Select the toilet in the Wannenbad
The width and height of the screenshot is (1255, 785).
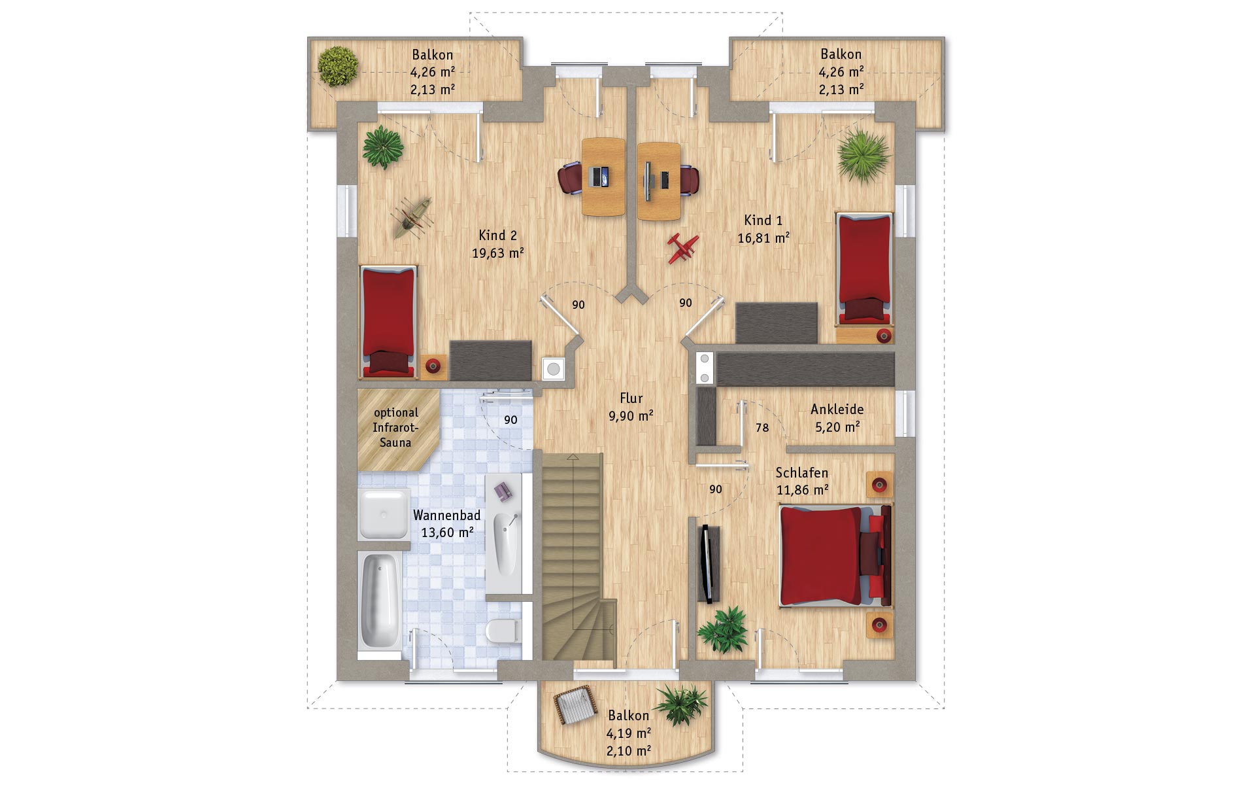pyautogui.click(x=502, y=631)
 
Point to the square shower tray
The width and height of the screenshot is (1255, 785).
pyautogui.click(x=384, y=514)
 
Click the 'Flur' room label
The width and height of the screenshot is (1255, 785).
pyautogui.click(x=631, y=398)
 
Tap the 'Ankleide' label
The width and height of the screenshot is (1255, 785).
pyautogui.click(x=837, y=410)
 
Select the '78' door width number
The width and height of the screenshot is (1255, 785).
pyautogui.click(x=762, y=428)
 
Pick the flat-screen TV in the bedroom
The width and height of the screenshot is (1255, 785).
pyautogui.click(x=707, y=564)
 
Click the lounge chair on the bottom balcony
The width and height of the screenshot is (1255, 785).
pyautogui.click(x=575, y=705)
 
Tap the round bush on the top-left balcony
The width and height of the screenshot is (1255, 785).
pyautogui.click(x=338, y=65)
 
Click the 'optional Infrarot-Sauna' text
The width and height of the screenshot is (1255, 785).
pyautogui.click(x=396, y=428)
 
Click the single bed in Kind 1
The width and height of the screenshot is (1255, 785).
pyautogui.click(x=864, y=268)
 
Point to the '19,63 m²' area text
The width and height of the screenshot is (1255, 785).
pyautogui.click(x=498, y=253)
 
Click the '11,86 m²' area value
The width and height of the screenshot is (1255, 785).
pyautogui.click(x=803, y=489)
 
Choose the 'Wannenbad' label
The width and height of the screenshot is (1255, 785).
pyautogui.click(x=446, y=515)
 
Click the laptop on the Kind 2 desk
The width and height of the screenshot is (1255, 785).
pyautogui.click(x=599, y=177)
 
